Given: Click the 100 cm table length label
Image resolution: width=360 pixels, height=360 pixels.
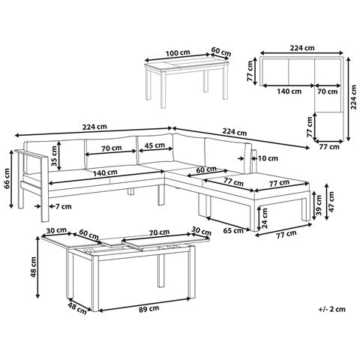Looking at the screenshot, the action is click(x=178, y=53).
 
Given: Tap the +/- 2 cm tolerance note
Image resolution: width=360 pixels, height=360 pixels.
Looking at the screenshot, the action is click(x=331, y=309).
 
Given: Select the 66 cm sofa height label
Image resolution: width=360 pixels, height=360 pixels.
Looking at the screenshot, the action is click(x=7, y=178).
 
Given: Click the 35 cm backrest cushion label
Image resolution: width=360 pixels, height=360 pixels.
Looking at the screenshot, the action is click(x=54, y=156).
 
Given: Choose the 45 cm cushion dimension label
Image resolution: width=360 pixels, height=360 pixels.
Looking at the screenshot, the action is click(x=155, y=145).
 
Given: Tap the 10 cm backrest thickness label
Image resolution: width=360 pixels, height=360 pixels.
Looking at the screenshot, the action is click(x=268, y=158).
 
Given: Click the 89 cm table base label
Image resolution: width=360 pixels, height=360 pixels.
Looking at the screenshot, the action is click(x=149, y=308).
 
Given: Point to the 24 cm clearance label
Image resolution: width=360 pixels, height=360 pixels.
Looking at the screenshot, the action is click(x=265, y=218).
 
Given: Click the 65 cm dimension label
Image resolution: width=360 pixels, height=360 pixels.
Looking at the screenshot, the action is click(x=233, y=230).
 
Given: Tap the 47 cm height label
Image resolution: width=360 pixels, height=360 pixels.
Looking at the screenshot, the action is click(x=331, y=202).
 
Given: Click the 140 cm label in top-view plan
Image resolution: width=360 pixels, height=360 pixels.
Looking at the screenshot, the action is click(x=289, y=91).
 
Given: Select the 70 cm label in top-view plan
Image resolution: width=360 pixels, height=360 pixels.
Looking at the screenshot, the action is click(x=328, y=91).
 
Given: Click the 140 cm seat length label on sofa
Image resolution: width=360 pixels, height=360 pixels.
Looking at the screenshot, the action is click(x=105, y=172).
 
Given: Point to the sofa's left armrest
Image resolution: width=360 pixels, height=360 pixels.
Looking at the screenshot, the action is click(x=31, y=154).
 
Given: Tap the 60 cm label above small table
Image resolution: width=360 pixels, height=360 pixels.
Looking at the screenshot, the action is click(x=221, y=51).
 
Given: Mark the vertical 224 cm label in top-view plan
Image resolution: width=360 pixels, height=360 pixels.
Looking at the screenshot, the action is click(x=353, y=97).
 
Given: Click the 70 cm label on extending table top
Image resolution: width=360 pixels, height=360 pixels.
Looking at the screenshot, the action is click(x=159, y=232).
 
